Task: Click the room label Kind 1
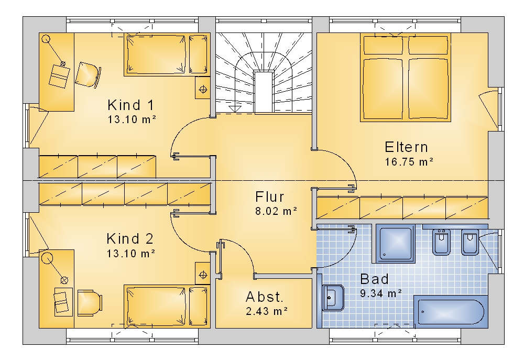pyautogui.click(x=130, y=105)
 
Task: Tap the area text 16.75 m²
pyautogui.click(x=409, y=162)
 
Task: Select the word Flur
pyautogui.click(x=269, y=197)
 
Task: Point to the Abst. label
pyautogui.click(x=264, y=297)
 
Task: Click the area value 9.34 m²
pyautogui.click(x=381, y=293)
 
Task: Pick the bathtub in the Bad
pyautogui.click(x=451, y=312)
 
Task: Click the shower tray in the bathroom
pyautogui.click(x=395, y=243)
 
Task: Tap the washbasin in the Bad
pyautogui.click(x=333, y=298)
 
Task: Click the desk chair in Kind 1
pyautogui.click(x=88, y=75)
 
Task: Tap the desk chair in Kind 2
pyautogui.click(x=90, y=302)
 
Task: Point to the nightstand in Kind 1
pyautogui.click(x=202, y=89)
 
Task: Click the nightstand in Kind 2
pyautogui.click(x=202, y=275)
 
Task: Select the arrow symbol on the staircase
pyautogui.click(x=235, y=108)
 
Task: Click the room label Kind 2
pyautogui.click(x=130, y=239)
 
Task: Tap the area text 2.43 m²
pyautogui.click(x=267, y=311)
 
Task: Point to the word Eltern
pyautogui.click(x=406, y=147)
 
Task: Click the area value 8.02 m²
pyautogui.click(x=276, y=211)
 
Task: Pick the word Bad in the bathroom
pyautogui.click(x=374, y=279)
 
